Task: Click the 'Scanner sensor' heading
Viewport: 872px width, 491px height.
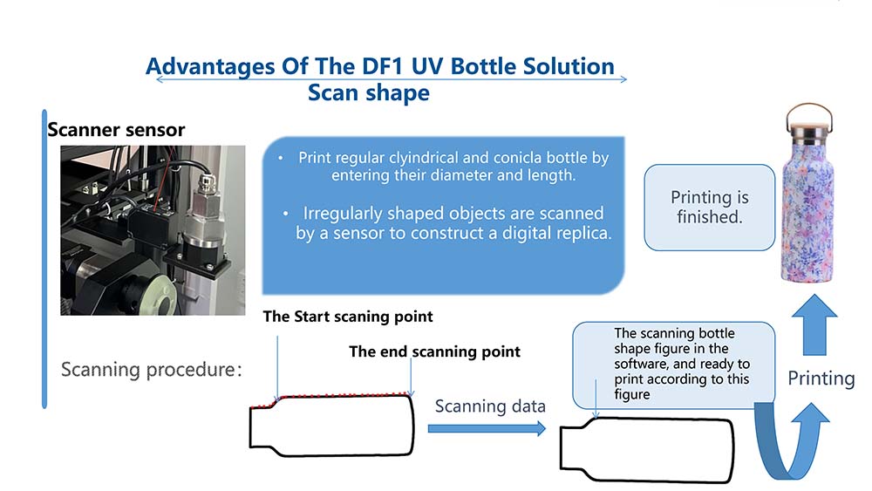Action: pos(116,131)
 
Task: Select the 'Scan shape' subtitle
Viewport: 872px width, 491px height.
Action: pos(368,92)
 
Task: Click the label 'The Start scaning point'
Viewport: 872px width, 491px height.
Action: pos(348,317)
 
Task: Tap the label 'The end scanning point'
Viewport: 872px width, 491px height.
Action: pos(434,351)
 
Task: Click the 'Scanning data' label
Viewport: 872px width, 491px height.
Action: pos(490,406)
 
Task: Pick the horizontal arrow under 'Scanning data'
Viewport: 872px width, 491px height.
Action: pos(486,428)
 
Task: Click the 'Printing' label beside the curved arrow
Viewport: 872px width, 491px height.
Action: pos(821,378)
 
